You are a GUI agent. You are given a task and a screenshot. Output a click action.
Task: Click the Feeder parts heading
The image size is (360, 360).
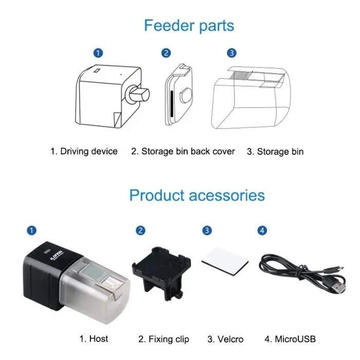(189, 25)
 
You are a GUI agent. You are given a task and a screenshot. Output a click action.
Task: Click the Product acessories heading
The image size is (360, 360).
(197, 195)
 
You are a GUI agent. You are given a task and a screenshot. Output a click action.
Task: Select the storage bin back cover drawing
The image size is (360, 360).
(180, 95)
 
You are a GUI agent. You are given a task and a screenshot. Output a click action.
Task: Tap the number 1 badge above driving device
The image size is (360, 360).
(98, 52)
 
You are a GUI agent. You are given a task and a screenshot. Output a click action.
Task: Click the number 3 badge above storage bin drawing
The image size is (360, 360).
(231, 52)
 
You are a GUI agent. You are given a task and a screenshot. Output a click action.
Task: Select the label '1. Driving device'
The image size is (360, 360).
(84, 151)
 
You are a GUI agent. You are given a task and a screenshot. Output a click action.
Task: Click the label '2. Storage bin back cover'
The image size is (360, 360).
(183, 151)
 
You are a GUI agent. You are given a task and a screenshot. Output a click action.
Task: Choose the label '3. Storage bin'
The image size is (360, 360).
(275, 152)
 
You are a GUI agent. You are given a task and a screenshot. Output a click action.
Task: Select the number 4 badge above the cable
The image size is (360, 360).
(262, 230)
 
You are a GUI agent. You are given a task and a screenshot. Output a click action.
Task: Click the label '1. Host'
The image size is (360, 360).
(93, 339)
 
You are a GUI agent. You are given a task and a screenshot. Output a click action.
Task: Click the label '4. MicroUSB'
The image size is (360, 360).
(290, 339)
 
